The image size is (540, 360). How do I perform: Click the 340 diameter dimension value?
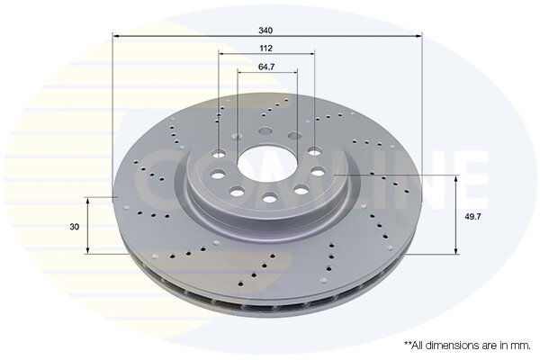coord(266,30)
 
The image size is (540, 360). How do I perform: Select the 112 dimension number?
coord(266,49)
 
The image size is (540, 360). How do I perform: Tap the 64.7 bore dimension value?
coord(266,67)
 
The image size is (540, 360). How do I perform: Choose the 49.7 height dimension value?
coord(472,216)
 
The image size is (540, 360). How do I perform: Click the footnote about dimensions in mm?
coord(467,345)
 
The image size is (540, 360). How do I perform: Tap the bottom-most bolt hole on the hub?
coord(268,198)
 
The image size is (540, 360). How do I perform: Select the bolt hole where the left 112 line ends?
coord(220,152)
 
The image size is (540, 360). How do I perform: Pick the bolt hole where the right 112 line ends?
coord(314,152)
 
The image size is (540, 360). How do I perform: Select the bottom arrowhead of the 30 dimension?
coord(87,251)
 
